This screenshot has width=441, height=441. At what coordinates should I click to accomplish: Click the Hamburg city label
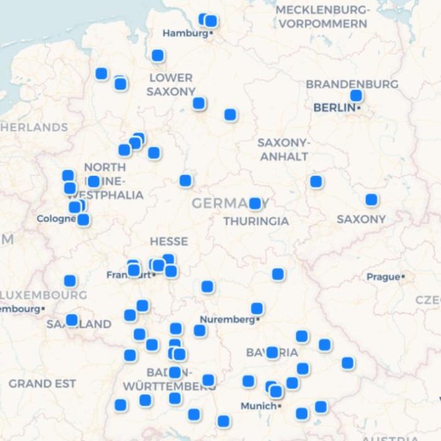[x=185, y=33]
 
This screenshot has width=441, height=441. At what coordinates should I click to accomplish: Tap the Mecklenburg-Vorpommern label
[x=323, y=17]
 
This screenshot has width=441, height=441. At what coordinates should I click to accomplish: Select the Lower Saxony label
[x=171, y=84]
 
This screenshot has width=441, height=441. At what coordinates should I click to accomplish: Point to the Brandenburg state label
[x=352, y=84]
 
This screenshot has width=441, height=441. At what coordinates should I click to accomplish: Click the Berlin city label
[x=335, y=108]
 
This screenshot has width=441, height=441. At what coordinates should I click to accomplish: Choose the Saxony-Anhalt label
[x=284, y=149]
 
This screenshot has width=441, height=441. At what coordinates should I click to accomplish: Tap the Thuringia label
[x=256, y=221]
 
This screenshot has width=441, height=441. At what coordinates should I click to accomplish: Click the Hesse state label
[x=169, y=241]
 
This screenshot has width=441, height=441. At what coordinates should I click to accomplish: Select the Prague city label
[x=383, y=277]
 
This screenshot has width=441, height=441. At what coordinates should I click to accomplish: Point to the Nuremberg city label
[x=227, y=319]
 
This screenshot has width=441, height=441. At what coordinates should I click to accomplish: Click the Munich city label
[x=258, y=406]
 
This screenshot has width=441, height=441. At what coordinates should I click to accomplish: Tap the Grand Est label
[x=42, y=383]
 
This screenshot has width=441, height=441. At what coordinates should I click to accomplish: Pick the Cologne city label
[x=56, y=219]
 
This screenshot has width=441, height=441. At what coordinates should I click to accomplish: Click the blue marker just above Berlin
[x=357, y=96]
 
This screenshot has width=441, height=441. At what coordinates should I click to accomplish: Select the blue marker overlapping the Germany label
[x=255, y=203]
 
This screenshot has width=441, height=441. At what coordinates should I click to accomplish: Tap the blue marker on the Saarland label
[x=72, y=320]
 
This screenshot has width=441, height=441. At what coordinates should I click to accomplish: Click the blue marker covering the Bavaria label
[x=272, y=352]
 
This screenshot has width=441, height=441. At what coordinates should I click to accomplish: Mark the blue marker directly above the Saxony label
[x=372, y=200]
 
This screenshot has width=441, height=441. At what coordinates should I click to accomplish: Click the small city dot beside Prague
[x=403, y=277]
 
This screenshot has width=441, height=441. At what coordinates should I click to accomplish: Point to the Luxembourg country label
[x=43, y=295]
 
